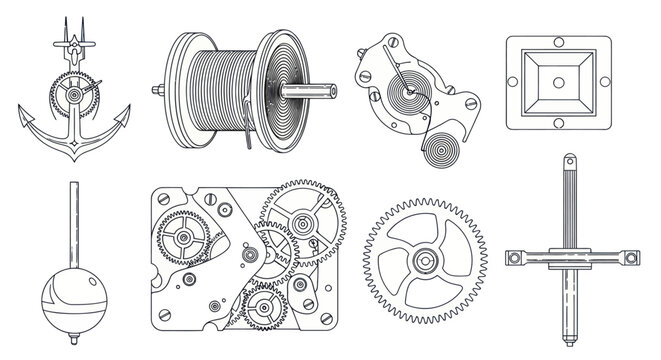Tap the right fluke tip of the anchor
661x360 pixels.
click(x=129, y=117)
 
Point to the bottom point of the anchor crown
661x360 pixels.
click(x=74, y=163)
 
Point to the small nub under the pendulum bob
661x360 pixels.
click(x=73, y=337)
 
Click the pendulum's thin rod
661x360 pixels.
click(x=73, y=220)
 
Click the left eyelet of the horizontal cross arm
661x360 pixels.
click(x=515, y=259)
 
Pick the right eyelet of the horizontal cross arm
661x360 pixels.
click(x=631, y=259)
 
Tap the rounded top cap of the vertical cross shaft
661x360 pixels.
click(x=570, y=160)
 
